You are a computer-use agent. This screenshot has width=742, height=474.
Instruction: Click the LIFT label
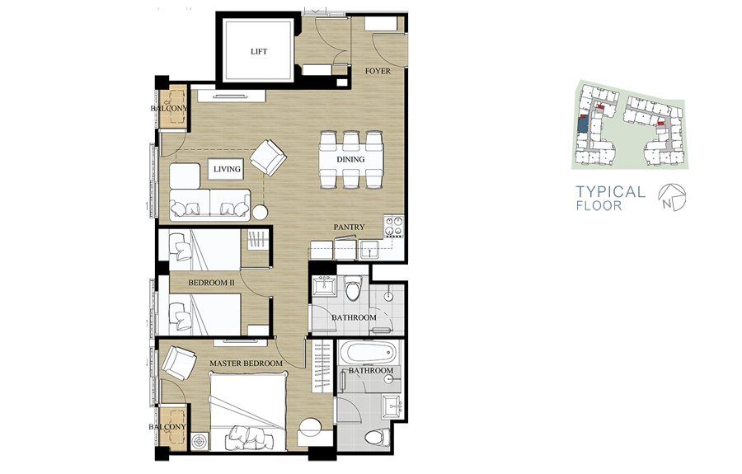click(259, 52)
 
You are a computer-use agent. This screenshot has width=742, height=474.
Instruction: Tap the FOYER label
click(378, 72)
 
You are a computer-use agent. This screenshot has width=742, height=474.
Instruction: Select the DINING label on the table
click(350, 159)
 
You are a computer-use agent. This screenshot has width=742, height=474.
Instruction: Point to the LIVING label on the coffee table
click(227, 169)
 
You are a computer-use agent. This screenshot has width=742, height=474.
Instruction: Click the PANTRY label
click(350, 227)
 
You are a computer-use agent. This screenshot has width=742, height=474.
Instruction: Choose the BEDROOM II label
click(211, 283)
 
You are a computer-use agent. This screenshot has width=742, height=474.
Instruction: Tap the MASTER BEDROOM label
click(246, 364)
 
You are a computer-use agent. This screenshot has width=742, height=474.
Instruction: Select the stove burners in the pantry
click(393, 226)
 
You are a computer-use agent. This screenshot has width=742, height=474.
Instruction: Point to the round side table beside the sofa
click(261, 212)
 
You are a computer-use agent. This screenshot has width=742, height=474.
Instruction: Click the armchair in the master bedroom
click(178, 364)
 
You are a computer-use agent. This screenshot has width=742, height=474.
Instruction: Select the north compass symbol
click(672, 197)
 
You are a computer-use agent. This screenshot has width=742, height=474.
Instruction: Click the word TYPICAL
click(610, 191)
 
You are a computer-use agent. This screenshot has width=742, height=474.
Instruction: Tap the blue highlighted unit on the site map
click(583, 124)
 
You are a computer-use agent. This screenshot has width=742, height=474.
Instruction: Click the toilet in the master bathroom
click(377, 438)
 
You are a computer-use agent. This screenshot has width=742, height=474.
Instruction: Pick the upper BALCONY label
click(169, 108)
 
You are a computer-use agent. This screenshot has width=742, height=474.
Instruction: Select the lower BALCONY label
click(167, 427)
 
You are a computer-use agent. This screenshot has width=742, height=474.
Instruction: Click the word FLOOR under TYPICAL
click(599, 206)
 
